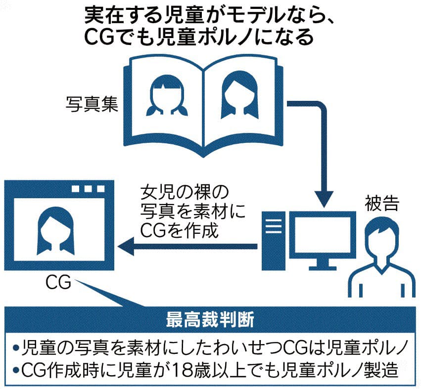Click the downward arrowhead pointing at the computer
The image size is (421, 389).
pos(323,198)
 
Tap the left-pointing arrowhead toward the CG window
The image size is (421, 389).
pos(123,246)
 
